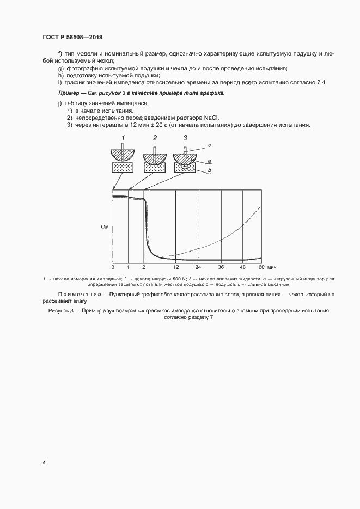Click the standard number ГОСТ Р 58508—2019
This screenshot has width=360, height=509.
tap(72, 37)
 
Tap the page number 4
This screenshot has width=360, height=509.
tap(44, 462)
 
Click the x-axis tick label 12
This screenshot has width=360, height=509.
tap(175, 267)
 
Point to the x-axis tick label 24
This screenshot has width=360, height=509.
tap(198, 267)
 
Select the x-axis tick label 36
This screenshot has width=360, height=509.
tap(221, 267)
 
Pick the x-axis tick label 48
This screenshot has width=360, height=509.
tap(243, 267)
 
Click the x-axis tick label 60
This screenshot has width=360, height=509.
tap(261, 267)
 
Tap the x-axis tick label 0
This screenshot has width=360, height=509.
tap(113, 267)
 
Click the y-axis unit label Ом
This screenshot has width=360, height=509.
tap(105, 226)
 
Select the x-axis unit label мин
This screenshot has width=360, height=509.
tap(273, 267)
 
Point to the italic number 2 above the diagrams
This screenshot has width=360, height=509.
tap(155, 137)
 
